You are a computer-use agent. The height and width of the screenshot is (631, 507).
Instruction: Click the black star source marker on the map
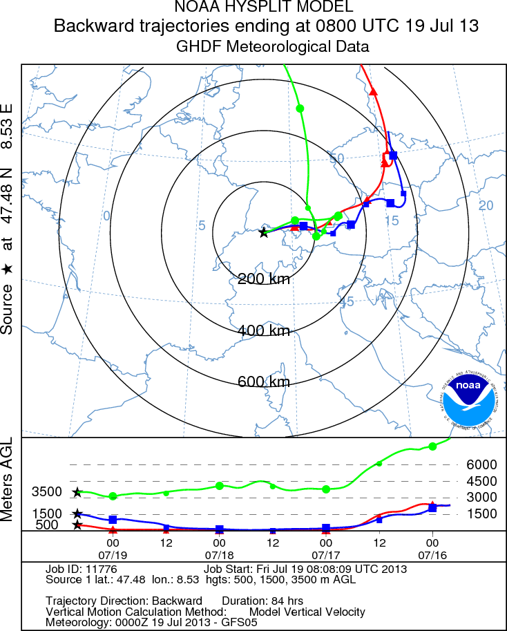263,233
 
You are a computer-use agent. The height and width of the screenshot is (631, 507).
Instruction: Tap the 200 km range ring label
264,279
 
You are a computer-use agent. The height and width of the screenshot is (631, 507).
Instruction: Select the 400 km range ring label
264,330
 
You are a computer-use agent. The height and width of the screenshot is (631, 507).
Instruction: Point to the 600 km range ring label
264,382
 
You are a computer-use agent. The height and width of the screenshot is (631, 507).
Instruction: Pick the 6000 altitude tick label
482,465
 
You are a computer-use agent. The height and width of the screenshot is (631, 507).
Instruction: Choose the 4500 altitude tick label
482,482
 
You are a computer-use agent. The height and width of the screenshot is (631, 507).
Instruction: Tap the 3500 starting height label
47,492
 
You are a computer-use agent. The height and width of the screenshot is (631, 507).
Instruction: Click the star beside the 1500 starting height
77,514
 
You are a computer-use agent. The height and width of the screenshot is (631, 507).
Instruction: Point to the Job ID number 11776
98,569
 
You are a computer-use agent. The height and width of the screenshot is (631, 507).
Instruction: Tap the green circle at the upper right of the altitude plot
432,446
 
